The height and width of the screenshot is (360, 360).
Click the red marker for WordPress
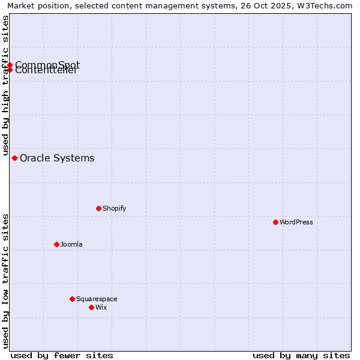(275, 222)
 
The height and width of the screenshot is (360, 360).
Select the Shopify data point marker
(98, 208)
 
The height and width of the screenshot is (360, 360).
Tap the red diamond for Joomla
(56, 244)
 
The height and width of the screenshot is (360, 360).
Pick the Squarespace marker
(72, 299)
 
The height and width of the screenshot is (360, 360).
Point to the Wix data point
(91, 307)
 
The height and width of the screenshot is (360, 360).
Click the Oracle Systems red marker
(14, 158)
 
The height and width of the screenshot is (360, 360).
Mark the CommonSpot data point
(10, 65)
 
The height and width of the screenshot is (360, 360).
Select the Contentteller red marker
(10, 70)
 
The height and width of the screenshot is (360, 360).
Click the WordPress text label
(296, 222)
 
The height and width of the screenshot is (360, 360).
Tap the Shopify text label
(114, 208)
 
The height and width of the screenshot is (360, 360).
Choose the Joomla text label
(71, 244)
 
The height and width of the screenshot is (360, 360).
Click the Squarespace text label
(97, 299)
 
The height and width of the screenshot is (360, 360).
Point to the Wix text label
(101, 307)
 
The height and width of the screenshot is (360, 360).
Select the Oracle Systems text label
(57, 158)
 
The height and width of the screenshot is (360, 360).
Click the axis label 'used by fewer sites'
(62, 355)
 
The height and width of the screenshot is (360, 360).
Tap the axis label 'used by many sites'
(301, 355)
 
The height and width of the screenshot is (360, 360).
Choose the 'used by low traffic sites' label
(5, 281)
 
